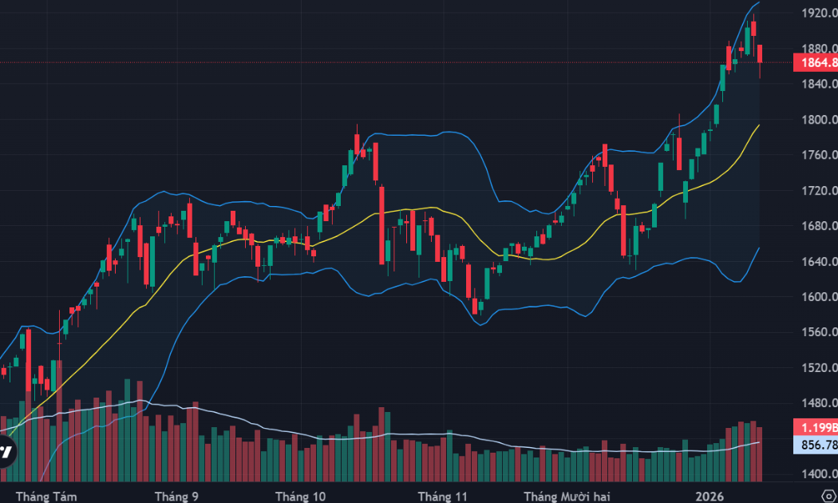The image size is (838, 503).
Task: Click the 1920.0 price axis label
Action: click(818, 13)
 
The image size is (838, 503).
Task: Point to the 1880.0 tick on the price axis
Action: click(818, 49)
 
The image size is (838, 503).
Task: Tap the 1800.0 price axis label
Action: click(818, 120)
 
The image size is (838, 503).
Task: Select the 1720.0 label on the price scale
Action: click(818, 191)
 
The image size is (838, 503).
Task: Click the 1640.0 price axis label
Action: click(818, 261)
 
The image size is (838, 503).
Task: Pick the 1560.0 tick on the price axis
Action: click(818, 332)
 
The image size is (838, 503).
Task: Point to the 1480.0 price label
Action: click(818, 403)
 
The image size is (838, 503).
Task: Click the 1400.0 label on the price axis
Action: click(818, 474)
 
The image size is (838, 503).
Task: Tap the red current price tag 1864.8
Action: click(816, 62)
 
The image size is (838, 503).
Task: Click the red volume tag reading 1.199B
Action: click(816, 426)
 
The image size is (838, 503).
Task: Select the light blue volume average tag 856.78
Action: click(816, 444)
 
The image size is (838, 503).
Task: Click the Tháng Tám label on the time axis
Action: click(51, 496)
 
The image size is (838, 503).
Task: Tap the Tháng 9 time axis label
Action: click(176, 496)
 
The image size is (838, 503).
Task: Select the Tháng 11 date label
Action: click(448, 496)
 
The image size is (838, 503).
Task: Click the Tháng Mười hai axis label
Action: click(563, 496)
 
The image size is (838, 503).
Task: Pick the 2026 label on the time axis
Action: click(710, 496)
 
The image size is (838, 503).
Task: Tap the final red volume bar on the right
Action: click(759, 454)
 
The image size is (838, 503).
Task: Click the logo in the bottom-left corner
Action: click(5, 451)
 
